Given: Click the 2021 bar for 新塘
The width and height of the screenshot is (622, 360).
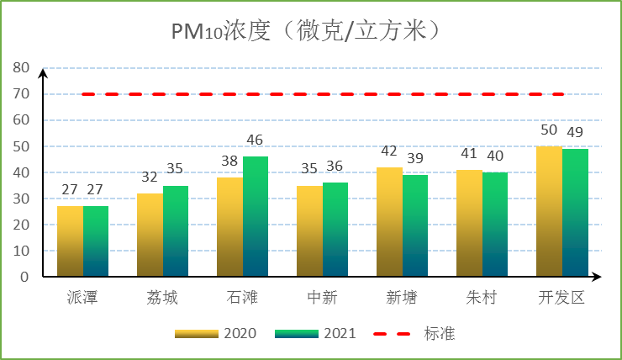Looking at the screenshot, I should [415, 226].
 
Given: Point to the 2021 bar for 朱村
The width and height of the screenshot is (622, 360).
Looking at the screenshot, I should [495, 225].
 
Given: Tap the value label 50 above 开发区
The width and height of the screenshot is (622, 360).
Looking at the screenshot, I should [549, 130].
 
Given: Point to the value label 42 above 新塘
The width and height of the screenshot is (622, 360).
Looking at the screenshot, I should [389, 151].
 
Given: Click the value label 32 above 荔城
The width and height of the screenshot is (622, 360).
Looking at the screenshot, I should [150, 177].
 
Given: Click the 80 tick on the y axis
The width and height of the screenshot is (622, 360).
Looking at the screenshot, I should [20, 68].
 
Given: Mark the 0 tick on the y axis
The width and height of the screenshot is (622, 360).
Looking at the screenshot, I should [24, 277].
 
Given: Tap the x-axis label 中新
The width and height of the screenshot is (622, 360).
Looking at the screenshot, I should [322, 298].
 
